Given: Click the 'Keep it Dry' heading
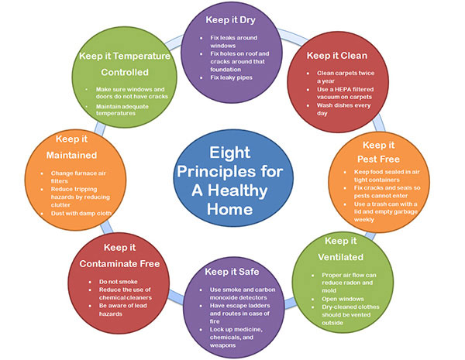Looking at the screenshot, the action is [x=230, y=20].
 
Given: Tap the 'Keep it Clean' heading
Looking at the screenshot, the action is [x=337, y=56].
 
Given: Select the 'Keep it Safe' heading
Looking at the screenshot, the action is [x=232, y=272].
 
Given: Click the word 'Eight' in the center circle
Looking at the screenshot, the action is [x=230, y=153].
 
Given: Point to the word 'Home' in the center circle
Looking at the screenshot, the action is [x=230, y=209].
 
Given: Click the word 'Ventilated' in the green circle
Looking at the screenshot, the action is [x=341, y=257].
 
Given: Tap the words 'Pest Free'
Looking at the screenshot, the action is [x=378, y=159].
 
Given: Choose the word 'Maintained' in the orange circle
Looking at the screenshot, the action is [x=71, y=156].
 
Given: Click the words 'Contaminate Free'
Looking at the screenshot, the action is [x=119, y=264].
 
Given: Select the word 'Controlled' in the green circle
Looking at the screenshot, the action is [x=125, y=72].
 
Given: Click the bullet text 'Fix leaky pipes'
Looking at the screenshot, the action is [x=231, y=77].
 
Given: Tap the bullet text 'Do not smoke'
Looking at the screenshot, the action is [x=119, y=282].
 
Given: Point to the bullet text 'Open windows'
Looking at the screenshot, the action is [x=343, y=299].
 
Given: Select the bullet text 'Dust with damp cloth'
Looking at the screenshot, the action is [x=81, y=214].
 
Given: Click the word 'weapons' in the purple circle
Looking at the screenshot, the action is [x=222, y=345].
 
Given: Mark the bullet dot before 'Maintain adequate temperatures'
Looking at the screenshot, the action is [x=87, y=106].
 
